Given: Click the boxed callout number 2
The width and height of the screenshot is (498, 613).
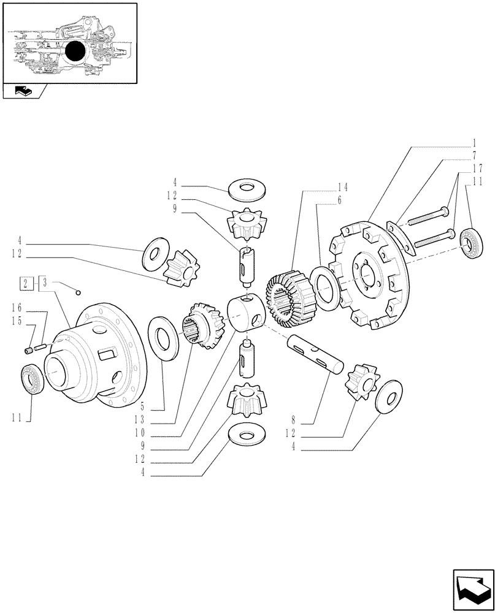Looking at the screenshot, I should pyautogui.click(x=26, y=283).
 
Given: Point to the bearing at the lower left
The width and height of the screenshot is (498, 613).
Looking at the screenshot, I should pyautogui.click(x=31, y=379).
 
